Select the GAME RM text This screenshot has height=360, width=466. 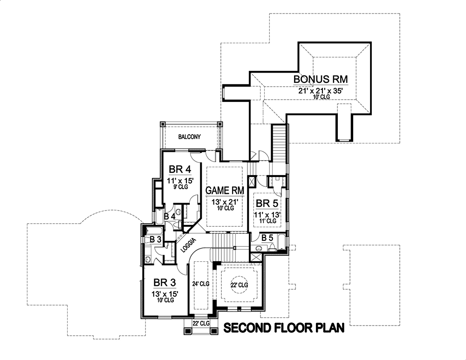[225, 190]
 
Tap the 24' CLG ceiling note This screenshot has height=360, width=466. [201, 283]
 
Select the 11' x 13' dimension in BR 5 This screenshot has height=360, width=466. [267, 215]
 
